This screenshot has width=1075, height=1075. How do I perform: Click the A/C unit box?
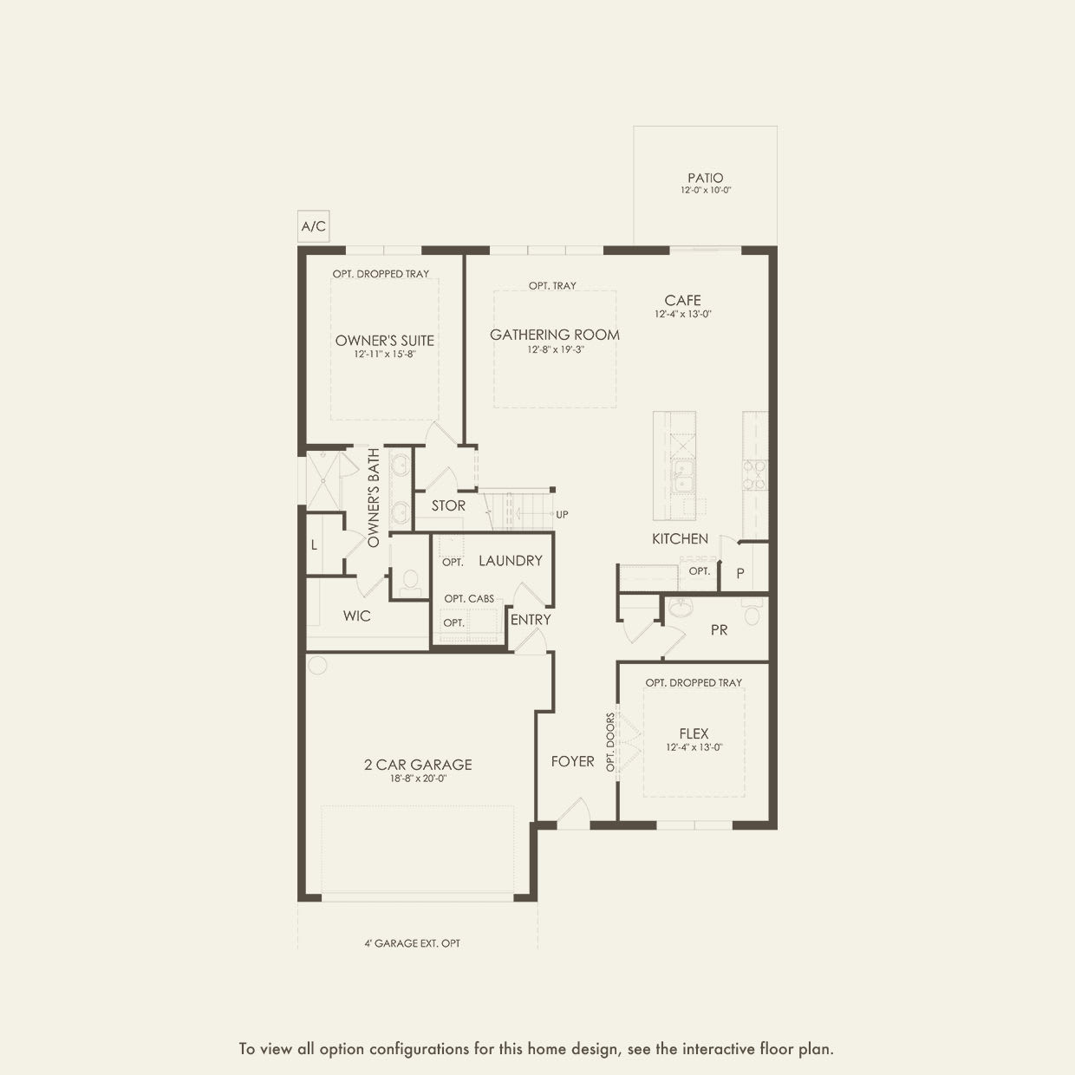point(313,226)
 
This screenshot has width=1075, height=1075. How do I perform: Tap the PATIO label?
point(705,178)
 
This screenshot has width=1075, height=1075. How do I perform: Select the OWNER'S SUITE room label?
point(385,340)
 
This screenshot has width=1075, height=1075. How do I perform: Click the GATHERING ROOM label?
point(555,334)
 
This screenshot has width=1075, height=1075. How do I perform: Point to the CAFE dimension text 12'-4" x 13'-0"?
point(683,315)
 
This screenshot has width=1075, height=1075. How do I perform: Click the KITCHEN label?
point(680,538)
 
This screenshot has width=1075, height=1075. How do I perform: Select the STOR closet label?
point(448,505)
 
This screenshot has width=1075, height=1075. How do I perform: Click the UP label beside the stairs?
point(562,514)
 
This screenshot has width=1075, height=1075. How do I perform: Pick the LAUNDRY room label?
point(510,561)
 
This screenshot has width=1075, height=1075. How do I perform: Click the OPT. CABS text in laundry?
point(469,598)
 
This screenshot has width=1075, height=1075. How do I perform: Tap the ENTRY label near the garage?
point(531,619)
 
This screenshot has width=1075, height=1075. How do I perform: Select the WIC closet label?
point(356,616)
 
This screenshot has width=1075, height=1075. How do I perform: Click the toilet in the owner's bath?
point(409,580)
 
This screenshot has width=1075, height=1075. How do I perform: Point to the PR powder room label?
point(719,630)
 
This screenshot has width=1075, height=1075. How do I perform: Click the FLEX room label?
point(694,733)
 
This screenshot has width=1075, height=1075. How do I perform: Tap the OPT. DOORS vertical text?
point(610,742)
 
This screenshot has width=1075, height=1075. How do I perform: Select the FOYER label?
point(572,761)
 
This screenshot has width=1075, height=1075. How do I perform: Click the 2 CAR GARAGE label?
point(418,765)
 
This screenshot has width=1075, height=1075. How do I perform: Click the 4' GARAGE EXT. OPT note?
point(412,942)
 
